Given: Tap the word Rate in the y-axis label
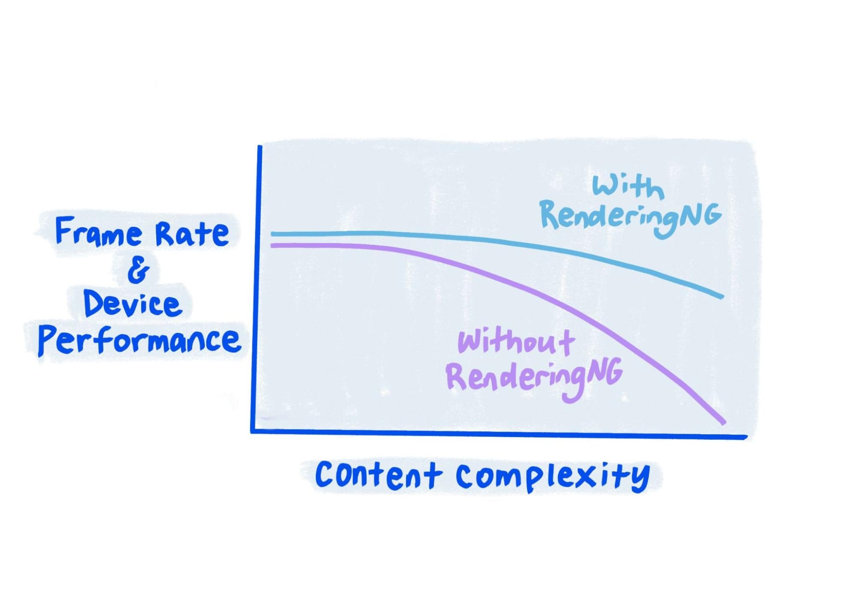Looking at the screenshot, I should [192, 234].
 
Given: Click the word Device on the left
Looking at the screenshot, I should [132, 304].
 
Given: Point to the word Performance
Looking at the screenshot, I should [139, 341].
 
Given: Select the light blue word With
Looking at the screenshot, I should [628, 187].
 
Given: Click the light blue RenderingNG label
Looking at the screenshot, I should [630, 217].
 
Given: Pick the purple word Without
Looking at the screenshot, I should [516, 342].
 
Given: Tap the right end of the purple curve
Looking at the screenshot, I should [724, 422].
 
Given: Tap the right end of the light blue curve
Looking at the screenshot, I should [722, 296].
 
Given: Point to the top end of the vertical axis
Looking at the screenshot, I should [260, 147].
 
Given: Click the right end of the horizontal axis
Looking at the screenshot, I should [746, 437].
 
